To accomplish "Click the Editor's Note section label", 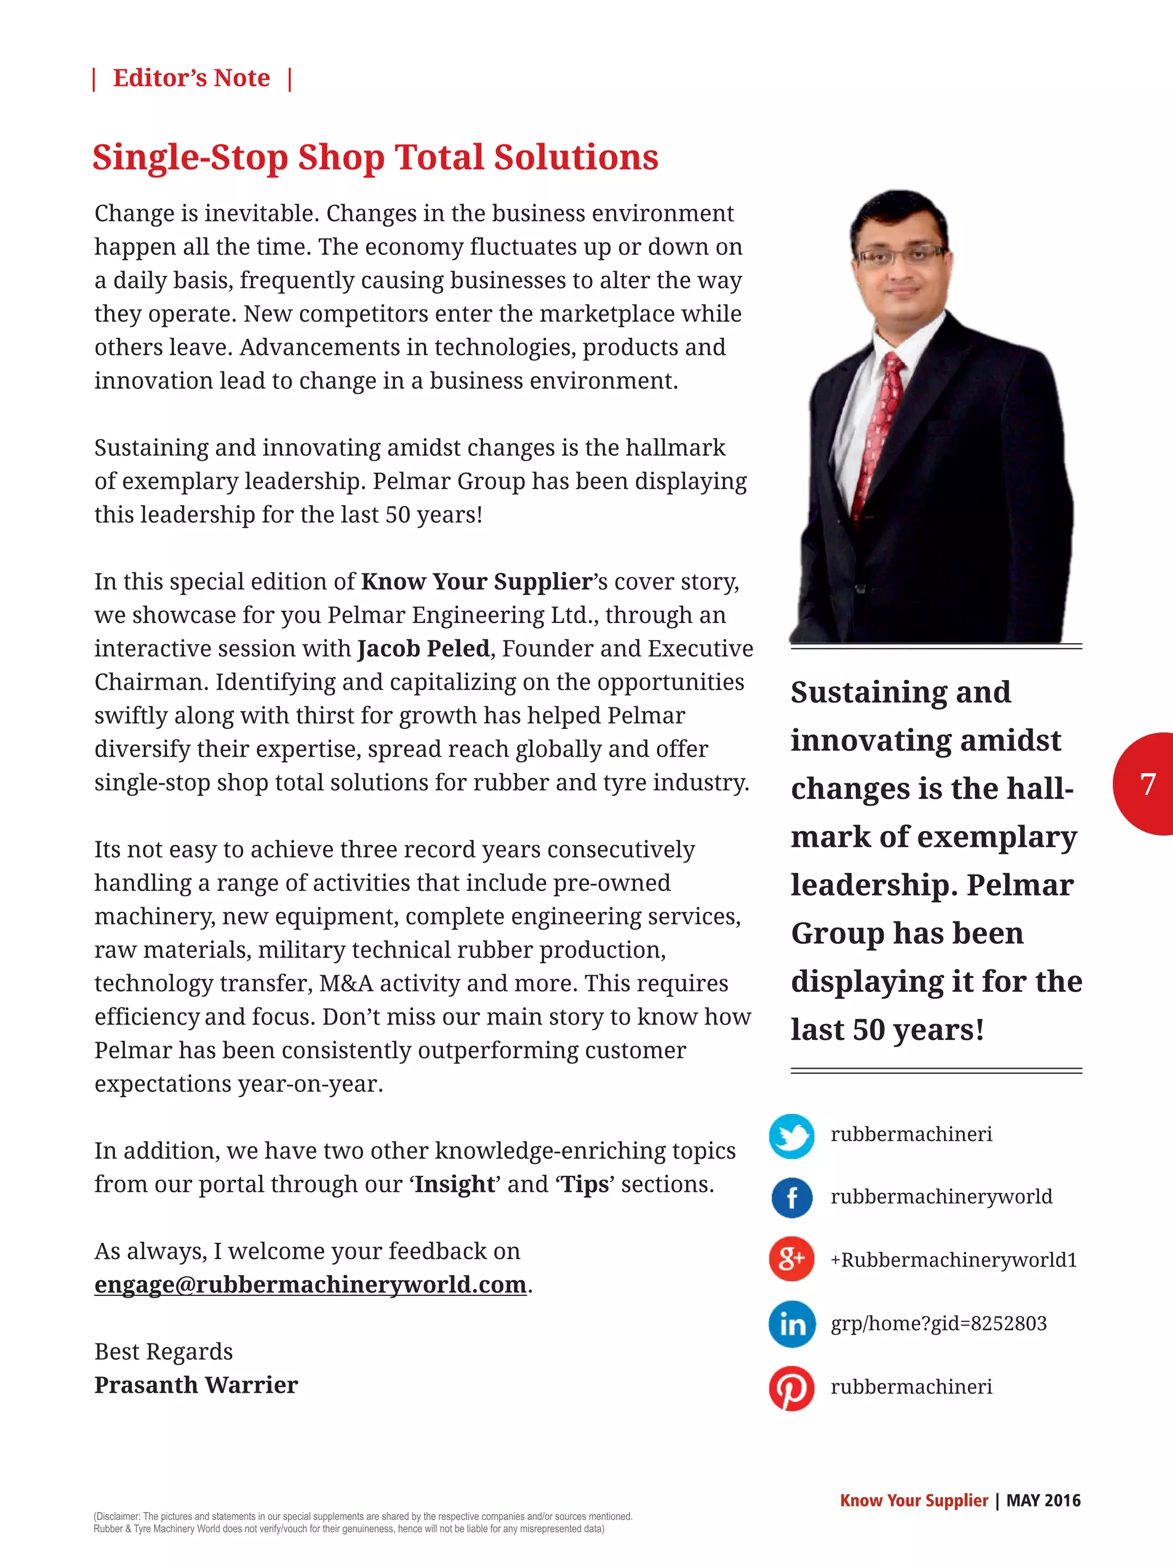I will [x=191, y=78].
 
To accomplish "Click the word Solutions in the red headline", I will [x=576, y=157].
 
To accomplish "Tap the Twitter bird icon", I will [x=792, y=1136].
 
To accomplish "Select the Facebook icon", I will [x=792, y=1198].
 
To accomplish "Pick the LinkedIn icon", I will [x=792, y=1323].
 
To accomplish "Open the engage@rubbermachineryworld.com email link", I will [x=310, y=1285].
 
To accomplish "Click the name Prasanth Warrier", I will [x=196, y=1385].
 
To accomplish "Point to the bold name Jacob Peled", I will [x=423, y=649].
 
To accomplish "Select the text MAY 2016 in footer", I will [x=1044, y=1500].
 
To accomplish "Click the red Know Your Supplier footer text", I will [x=914, y=1500].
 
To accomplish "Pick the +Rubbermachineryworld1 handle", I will [x=953, y=1260].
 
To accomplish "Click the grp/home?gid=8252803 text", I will [x=938, y=1323].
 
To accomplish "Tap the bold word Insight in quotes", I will [x=454, y=1184].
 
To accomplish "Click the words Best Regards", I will [x=164, y=1352].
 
